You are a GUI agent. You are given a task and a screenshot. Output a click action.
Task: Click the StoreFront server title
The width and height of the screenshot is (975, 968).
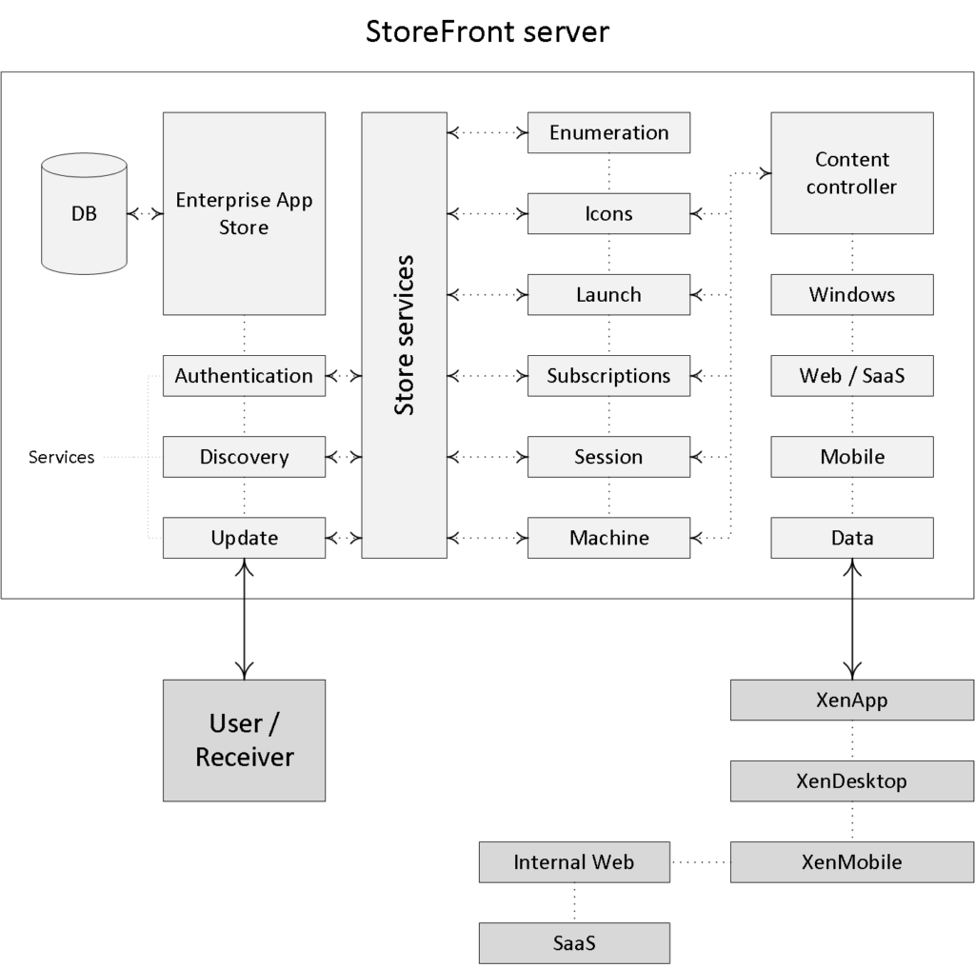pos(487,31)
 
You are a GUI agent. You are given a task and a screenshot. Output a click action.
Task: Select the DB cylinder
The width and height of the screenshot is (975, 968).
pos(84,213)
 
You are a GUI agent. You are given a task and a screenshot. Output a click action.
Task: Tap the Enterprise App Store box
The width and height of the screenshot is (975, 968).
pos(244,213)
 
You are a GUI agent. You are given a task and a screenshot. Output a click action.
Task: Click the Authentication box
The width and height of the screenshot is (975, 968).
pos(244,376)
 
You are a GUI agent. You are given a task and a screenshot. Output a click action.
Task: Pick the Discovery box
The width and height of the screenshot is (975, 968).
pos(244,457)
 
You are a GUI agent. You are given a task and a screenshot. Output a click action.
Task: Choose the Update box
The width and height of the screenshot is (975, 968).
pos(244,538)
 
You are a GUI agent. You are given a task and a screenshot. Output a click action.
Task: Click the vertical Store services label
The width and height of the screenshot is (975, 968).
pos(404,335)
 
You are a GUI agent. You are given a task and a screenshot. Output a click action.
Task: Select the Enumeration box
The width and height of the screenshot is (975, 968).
pos(608,132)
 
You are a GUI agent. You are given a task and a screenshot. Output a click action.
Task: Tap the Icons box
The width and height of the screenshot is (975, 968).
pos(608,213)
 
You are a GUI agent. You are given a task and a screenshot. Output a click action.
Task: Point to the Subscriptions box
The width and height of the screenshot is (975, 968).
pos(608,376)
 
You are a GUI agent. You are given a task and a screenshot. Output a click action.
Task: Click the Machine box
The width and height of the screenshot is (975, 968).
pos(608,538)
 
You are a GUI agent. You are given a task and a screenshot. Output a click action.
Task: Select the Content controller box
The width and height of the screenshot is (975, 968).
pos(852,173)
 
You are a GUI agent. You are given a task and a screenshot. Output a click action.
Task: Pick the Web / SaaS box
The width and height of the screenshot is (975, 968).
pos(852,376)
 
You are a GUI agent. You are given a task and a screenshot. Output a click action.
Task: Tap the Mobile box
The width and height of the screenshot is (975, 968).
pos(852,457)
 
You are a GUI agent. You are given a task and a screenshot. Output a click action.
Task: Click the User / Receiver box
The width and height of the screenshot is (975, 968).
pos(244,741)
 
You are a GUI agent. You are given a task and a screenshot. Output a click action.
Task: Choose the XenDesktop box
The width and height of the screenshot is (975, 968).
pos(852,780)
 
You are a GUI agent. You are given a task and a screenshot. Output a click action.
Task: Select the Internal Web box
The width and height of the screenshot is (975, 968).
pos(574,862)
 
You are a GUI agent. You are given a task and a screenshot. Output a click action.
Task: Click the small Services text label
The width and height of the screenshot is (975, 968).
pos(62,457)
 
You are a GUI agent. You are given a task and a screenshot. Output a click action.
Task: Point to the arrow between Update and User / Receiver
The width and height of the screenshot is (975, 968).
pos(245,619)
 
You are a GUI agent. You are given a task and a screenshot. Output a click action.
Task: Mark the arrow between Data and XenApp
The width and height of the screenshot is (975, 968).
pos(852,619)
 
